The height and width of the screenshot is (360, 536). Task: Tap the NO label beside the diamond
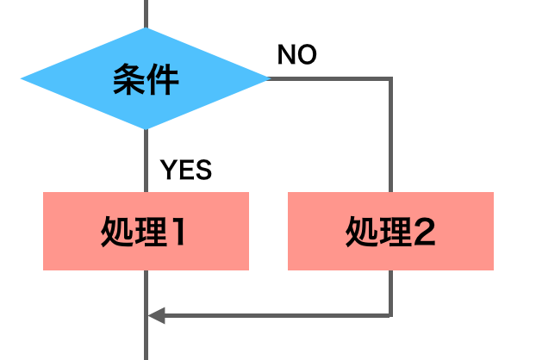(x=296, y=55)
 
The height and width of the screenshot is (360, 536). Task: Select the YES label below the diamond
(x=186, y=170)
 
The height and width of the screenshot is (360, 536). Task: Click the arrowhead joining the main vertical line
(x=155, y=314)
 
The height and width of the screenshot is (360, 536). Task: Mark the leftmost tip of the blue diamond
(x=22, y=80)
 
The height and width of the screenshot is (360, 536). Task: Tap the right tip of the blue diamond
(x=269, y=79)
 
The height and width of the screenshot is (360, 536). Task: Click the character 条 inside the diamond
(x=128, y=80)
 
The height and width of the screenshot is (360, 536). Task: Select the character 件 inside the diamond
(x=163, y=80)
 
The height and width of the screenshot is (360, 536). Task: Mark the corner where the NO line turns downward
(x=391, y=79)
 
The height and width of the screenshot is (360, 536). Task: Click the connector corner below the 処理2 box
(x=391, y=314)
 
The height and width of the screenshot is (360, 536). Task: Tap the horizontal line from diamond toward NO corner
(x=332, y=79)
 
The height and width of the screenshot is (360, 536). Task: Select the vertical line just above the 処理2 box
(x=391, y=138)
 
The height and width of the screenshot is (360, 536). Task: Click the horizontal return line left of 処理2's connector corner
(x=276, y=314)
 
